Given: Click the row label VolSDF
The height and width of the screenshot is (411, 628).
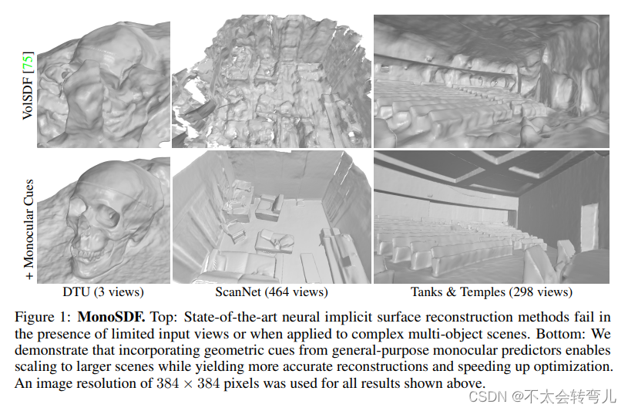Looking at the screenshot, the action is coord(28,100).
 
